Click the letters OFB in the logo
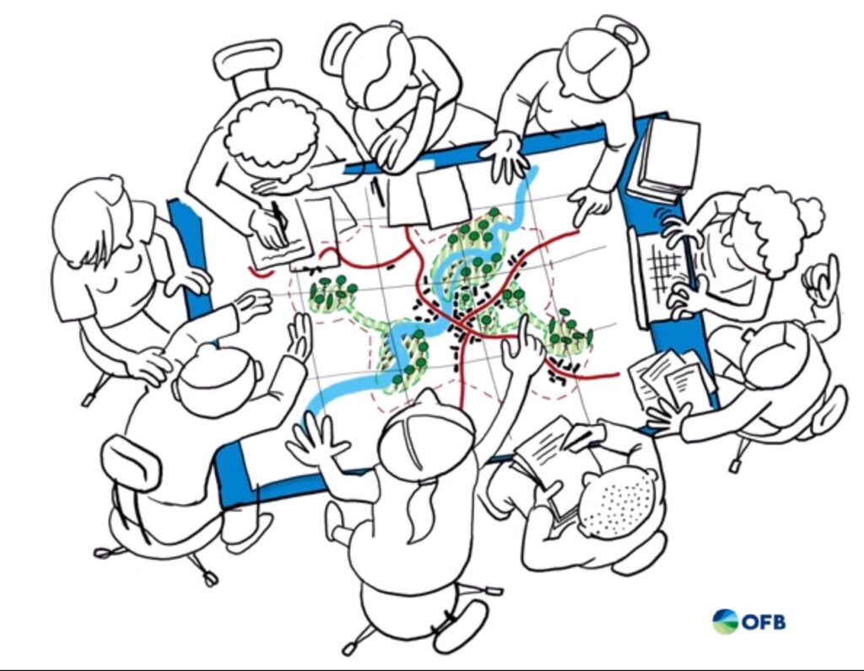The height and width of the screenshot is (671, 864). pos(764,622)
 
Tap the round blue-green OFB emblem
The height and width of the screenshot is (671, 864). pos(725,621)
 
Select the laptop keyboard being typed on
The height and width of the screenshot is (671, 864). pos(666,270)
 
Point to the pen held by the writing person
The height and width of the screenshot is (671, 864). pos(278,218)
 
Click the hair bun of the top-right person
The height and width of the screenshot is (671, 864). pos(622,33)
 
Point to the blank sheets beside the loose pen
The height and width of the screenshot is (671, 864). pos(429,197)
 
